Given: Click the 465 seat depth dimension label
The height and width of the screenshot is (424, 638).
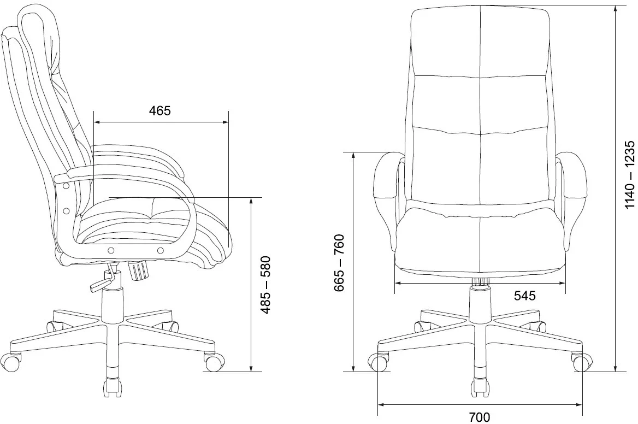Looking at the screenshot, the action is (160, 111).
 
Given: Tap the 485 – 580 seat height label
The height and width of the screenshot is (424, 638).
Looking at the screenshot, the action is (265, 285).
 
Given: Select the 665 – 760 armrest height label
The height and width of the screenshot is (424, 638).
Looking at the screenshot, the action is (339, 263).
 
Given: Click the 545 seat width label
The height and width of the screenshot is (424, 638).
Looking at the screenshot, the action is (524, 296).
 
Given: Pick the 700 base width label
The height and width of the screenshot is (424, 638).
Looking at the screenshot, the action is (480, 417).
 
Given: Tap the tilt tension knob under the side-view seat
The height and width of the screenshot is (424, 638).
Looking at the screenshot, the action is (138, 270).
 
